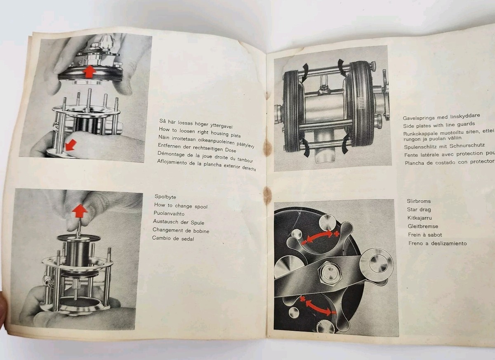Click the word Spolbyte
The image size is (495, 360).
pos(165,197)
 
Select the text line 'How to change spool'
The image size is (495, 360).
pos(181,206)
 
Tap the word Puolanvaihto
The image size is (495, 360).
pos(169,214)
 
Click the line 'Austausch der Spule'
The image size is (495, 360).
pos(178,222)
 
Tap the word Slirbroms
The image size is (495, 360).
pos(419,201)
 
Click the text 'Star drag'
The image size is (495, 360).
pos(419,210)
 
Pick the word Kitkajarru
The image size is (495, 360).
pos(420,218)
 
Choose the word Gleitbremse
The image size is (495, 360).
pos(422,226)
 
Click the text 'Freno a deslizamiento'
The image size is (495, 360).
pos(437,243)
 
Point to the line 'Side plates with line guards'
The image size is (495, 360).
pos(439,124)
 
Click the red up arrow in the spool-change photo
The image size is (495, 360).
pos(80,211)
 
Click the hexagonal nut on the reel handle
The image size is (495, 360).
pos(330,272)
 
